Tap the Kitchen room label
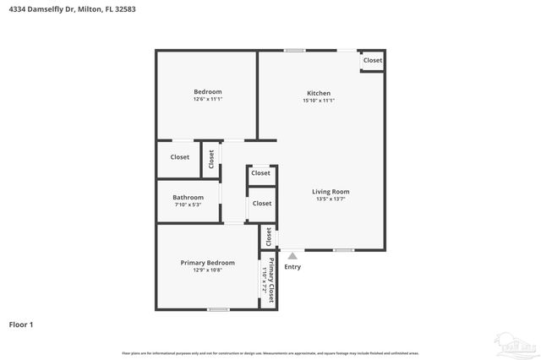[319, 93]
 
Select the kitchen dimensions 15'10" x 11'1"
[319, 101]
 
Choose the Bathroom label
[188, 197]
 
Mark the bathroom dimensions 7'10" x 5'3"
[188, 205]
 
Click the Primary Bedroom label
[207, 263]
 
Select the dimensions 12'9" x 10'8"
[207, 270]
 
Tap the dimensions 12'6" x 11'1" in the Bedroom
[207, 100]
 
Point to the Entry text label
[292, 267]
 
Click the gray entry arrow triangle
[292, 255]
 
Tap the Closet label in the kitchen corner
[373, 60]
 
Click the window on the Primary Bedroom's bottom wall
[218, 308]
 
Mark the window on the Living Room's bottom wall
[343, 249]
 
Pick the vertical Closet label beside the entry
[269, 236]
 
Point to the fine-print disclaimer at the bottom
[270, 353]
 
